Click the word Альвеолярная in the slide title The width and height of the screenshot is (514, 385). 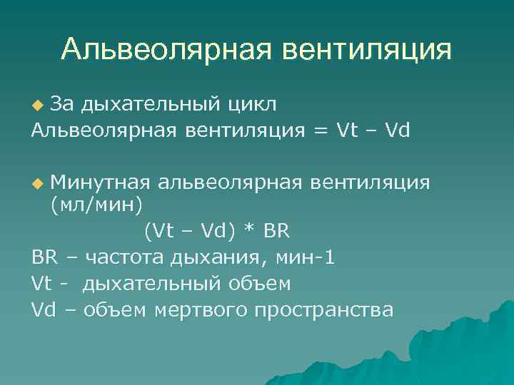pos(166,50)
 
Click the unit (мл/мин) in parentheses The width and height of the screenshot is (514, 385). pos(96,206)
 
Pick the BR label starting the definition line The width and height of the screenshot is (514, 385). pos(45,257)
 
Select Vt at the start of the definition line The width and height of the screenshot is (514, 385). pos(42,284)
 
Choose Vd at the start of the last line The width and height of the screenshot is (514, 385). pos(44,309)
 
